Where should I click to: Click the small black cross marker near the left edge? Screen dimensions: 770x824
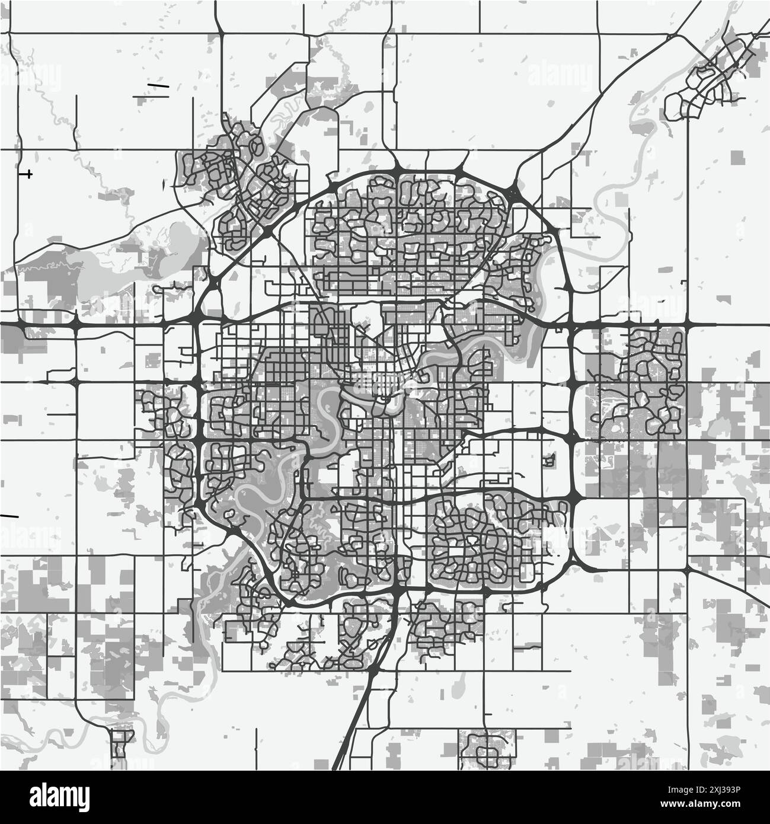point(27,174)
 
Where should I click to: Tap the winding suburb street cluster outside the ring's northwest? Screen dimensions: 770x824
point(237,178)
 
